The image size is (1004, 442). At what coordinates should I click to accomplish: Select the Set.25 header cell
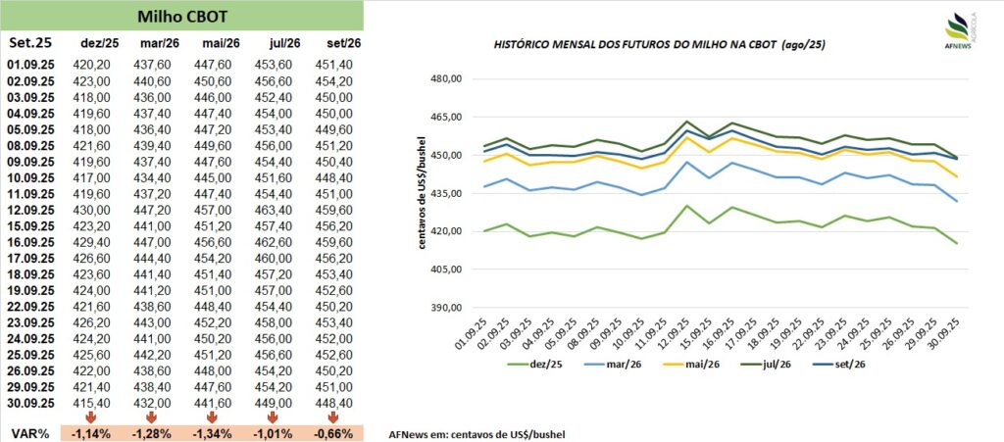[30, 43]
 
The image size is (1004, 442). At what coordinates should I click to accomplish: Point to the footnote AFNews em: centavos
[477, 433]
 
